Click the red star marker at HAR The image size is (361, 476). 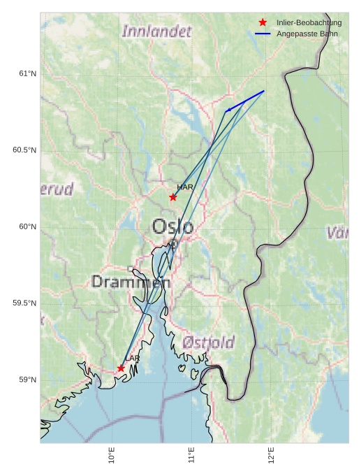pos(173,197)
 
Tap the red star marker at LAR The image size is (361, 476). pos(121,368)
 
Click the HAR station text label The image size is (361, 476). pos(185,187)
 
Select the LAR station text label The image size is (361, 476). pos(133,359)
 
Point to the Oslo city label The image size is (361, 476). pos(172,226)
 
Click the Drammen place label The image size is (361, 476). pos(131,282)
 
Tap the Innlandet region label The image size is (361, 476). pos(156,31)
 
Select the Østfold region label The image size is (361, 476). pos(208,342)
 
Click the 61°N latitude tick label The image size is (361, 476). pos(27,74)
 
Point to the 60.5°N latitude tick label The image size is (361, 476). pos(24,150)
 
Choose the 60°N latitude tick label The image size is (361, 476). pos(27,226)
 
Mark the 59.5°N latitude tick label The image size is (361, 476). pos(24,303)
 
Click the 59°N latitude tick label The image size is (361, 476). pos(27,380)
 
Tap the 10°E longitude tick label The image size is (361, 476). pos(112,455)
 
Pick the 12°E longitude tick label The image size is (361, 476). pos(271,455)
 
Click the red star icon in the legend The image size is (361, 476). pos(263,22)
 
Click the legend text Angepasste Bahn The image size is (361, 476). pos(307,34)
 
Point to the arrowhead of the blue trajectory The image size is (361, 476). pos(227,110)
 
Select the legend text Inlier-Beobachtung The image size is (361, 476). pos(309,22)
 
